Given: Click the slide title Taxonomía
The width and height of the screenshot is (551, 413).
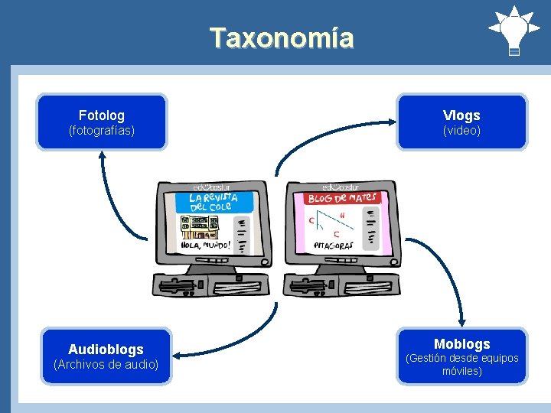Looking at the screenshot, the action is click(282, 37).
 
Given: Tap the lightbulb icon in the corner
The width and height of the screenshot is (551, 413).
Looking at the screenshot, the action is click(514, 30).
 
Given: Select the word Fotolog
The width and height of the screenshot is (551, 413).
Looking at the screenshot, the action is click(101, 115).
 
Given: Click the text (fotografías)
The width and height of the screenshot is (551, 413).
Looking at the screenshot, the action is click(101, 131).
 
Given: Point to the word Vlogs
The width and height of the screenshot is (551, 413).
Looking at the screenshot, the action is click(461, 115).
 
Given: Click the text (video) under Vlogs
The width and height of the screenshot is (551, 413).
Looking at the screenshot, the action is click(461, 131).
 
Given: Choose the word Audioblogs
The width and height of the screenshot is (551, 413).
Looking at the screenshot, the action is click(106, 350).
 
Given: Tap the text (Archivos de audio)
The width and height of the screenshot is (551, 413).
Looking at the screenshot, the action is click(106, 365).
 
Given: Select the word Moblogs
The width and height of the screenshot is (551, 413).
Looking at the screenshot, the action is click(461, 344).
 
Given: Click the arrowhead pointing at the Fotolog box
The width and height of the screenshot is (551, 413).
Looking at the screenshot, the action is click(102, 154).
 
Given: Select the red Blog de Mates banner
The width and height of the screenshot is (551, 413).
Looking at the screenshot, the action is click(342, 198).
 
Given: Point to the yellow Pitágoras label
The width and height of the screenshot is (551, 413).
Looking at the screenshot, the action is click(335, 246).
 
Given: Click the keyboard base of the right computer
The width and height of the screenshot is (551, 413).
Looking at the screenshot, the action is click(341, 284).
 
